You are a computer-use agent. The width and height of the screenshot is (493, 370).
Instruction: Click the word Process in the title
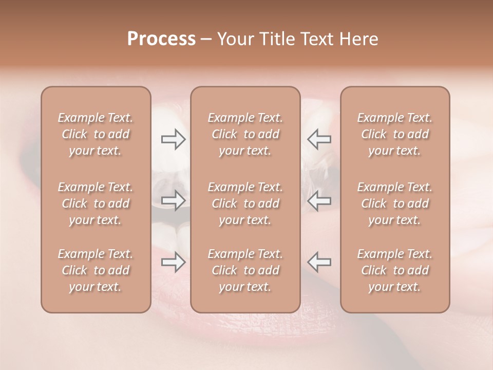[x=161, y=39]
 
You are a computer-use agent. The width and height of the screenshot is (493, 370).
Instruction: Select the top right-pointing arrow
[x=174, y=139]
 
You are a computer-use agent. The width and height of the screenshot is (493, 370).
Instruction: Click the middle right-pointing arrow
[x=174, y=200]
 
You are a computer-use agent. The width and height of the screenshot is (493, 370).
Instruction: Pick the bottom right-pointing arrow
[x=174, y=262]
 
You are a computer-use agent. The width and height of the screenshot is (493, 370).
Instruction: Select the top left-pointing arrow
[x=319, y=139]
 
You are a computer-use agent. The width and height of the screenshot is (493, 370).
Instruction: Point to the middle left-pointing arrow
[x=319, y=200]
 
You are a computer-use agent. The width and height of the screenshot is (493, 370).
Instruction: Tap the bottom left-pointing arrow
[x=319, y=262]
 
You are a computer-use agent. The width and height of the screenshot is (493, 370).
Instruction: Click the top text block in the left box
[x=96, y=134]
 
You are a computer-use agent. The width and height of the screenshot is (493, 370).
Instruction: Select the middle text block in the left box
[x=96, y=203]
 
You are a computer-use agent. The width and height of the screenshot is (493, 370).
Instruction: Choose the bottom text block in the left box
[x=96, y=270]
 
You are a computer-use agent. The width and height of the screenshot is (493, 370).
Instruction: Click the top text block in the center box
[x=245, y=134]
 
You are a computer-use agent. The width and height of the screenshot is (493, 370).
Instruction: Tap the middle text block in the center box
[x=245, y=203]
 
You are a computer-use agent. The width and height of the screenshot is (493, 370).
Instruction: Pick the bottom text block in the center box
[x=245, y=270]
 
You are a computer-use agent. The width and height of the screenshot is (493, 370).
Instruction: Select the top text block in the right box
[x=395, y=134]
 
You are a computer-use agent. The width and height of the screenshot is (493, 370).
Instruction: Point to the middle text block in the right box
[x=395, y=203]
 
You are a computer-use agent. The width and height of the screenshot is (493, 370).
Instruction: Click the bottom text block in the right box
[x=395, y=270]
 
